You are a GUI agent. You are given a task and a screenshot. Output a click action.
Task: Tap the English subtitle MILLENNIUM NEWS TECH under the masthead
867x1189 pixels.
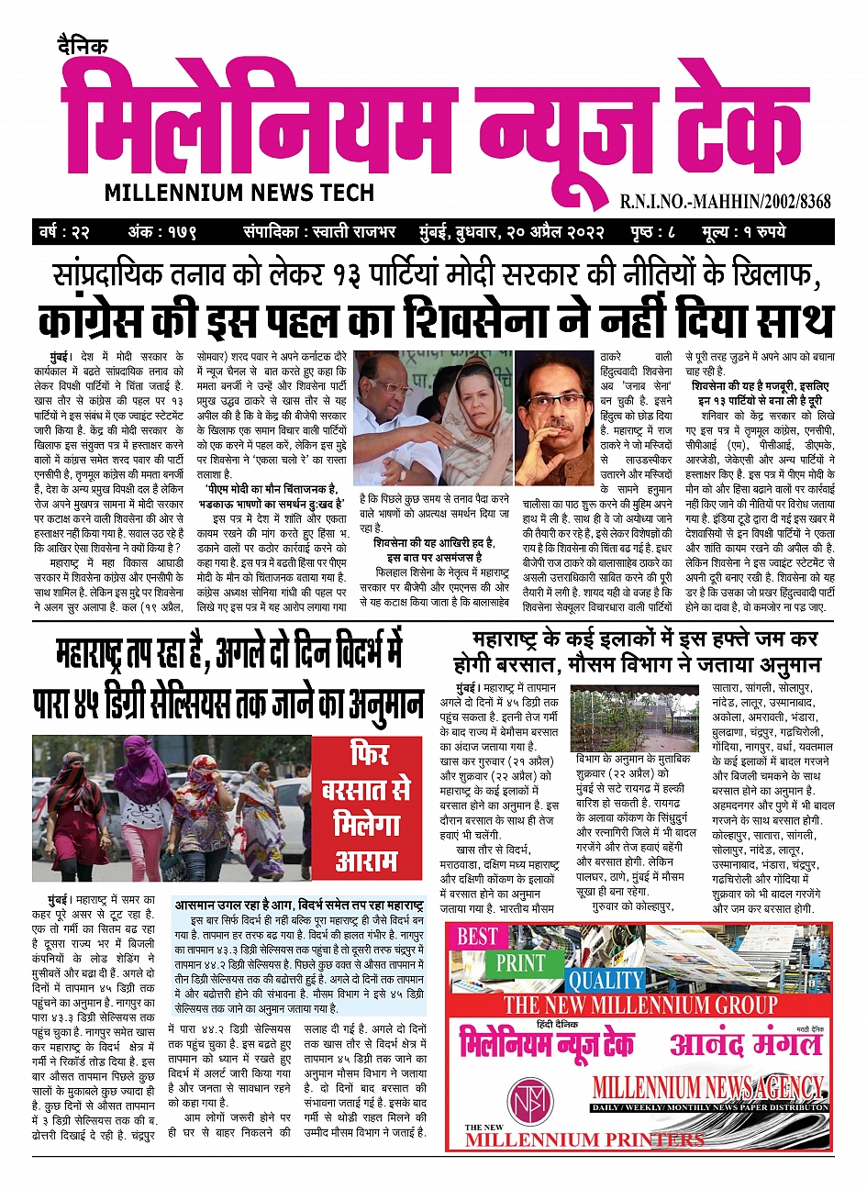point(239,193)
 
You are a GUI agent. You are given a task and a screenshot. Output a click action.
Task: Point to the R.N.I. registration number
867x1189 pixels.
point(725,202)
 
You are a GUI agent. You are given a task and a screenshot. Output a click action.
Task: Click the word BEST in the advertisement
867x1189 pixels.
point(477,937)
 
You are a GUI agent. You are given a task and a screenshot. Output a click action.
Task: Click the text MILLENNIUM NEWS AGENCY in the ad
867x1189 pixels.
point(707,1088)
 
